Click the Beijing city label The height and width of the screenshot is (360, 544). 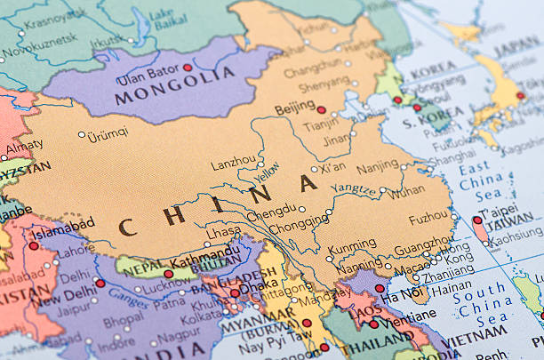[x=294, y=107]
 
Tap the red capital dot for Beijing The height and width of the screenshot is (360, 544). [x=321, y=111]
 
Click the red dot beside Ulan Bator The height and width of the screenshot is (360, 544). [x=188, y=68]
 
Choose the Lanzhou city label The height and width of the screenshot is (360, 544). [x=233, y=164]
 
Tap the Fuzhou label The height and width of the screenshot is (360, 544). [x=428, y=218]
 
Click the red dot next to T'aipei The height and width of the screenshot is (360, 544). [x=476, y=220]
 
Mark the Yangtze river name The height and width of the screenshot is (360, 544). [x=355, y=188]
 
